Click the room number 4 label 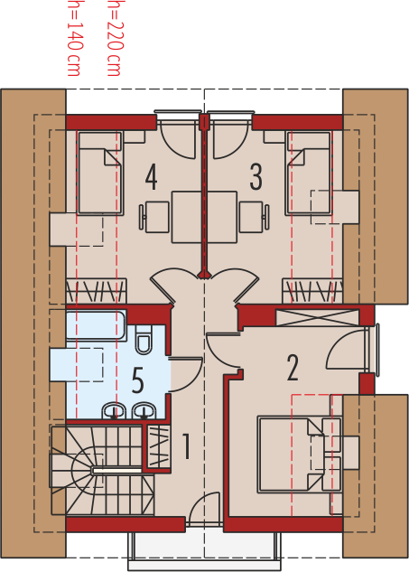point(152,177)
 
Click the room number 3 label point(256,177)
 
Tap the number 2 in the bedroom point(293,368)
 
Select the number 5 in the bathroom point(137,380)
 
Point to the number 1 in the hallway point(186,445)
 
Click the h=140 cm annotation point(74,38)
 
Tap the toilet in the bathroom point(143,340)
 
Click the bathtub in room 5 point(97,325)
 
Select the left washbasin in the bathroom point(114,411)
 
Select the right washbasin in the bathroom point(144,411)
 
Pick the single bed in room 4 point(100,173)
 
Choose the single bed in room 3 point(309,173)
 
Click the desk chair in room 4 point(154,217)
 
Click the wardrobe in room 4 point(97,291)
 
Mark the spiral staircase point(102,471)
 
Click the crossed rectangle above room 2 point(317,317)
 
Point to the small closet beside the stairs point(158,447)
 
